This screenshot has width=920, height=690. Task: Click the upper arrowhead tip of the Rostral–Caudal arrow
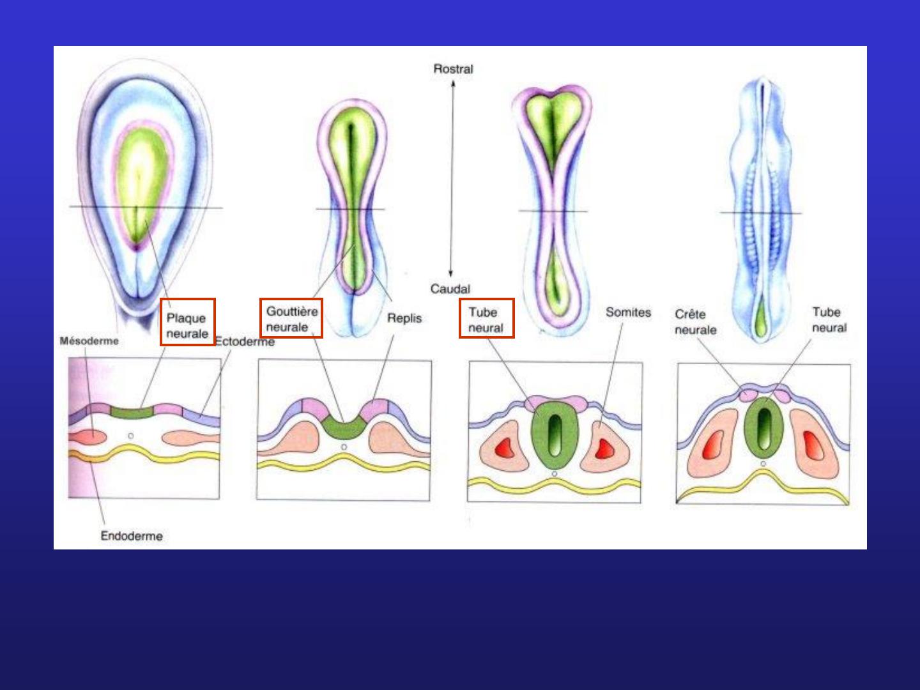point(453,81)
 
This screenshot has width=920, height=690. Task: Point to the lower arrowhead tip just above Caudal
point(450,277)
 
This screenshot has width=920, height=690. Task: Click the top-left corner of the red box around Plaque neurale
point(161,299)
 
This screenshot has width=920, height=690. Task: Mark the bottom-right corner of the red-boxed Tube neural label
point(514,337)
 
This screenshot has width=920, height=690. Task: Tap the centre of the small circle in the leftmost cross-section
point(131,436)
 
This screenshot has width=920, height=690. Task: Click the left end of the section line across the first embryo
point(70,206)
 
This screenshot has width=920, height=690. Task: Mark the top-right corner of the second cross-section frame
point(431,360)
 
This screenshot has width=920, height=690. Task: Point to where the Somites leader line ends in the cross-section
point(600,427)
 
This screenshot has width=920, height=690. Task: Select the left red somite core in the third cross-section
point(504,448)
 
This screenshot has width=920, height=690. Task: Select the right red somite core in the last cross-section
point(813,445)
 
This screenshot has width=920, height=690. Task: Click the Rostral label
point(453,69)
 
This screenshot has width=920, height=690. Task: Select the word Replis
point(404,318)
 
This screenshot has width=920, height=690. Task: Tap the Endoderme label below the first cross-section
point(132,536)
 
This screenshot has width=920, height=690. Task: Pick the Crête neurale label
point(695,322)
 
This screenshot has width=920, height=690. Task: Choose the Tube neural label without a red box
point(829,319)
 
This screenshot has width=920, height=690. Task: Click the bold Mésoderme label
point(89,341)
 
